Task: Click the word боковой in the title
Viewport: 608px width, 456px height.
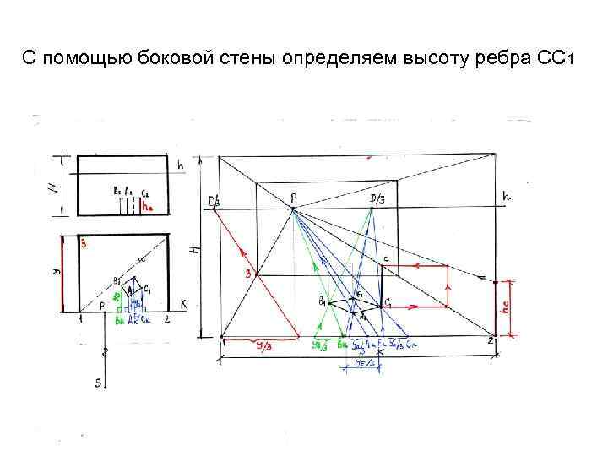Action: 160,60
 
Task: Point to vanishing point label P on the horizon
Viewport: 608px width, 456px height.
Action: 293,198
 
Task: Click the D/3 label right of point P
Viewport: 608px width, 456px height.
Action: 377,198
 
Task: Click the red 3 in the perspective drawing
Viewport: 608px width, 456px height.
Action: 248,274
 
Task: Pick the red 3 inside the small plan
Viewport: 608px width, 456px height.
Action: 84,244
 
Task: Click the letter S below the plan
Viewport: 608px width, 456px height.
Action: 98,383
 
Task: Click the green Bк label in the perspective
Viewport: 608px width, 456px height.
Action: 342,345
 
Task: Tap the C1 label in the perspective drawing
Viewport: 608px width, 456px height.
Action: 388,302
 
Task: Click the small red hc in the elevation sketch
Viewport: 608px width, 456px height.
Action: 149,205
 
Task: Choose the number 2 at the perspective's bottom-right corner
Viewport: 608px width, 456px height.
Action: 490,339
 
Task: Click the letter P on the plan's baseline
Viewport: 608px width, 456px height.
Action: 102,305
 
